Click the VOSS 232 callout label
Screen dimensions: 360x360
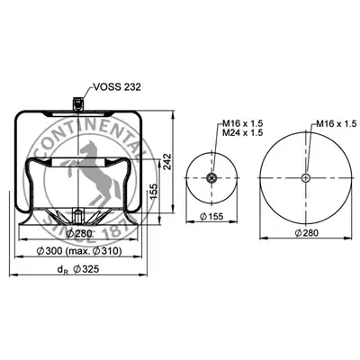(x=117, y=87)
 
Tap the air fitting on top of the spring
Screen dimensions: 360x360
(x=78, y=103)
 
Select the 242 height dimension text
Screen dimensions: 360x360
(x=167, y=162)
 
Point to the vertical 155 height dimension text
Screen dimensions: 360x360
(x=153, y=192)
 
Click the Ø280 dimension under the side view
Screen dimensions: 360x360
(x=79, y=233)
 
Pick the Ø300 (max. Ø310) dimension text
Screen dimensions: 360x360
(x=79, y=251)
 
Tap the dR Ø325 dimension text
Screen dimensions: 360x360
(x=78, y=269)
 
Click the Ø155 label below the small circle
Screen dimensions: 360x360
(x=211, y=216)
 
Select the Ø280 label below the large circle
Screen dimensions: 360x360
(x=306, y=232)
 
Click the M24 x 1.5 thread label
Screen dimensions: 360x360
(x=242, y=132)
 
